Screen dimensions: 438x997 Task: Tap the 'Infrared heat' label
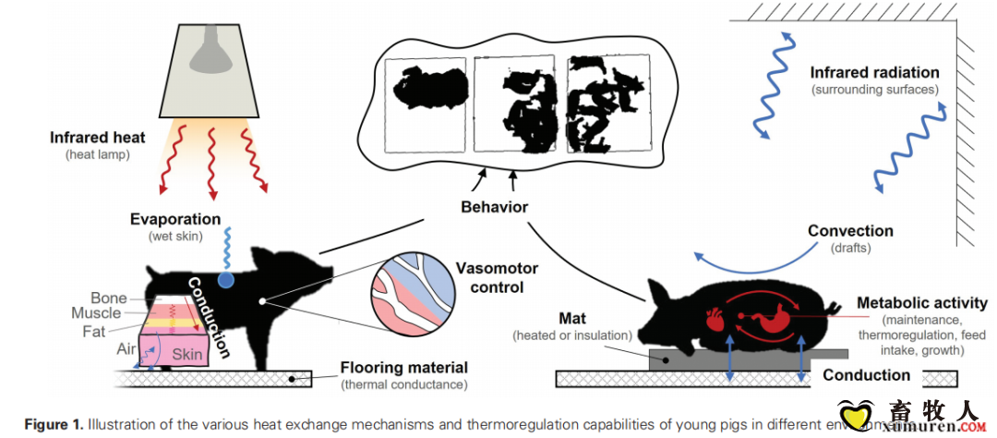(98, 138)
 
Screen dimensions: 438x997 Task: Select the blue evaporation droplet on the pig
(225, 278)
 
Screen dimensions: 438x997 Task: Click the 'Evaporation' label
(175, 220)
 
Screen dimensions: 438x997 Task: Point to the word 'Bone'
(109, 298)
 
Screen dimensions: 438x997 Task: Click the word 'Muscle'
(97, 313)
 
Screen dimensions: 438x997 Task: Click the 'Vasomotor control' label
(497, 277)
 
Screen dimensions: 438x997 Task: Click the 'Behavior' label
(494, 206)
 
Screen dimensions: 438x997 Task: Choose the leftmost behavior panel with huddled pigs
(426, 104)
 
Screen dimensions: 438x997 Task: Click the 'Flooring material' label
(403, 368)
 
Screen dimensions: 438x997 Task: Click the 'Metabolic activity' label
(922, 303)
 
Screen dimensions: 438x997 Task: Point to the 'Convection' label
(850, 231)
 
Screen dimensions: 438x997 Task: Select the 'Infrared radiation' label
(874, 72)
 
